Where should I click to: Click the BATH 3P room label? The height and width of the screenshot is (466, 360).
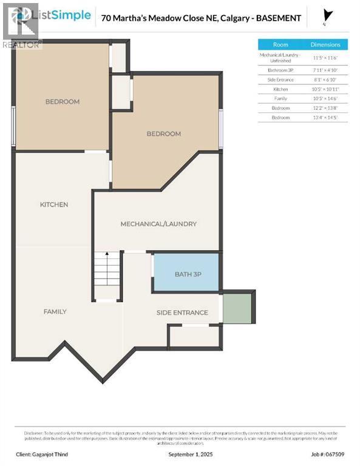coord(188,274)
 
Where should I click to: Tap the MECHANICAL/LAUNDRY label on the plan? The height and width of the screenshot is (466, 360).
coord(158,224)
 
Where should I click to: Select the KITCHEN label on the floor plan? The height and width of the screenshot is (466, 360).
coord(54,204)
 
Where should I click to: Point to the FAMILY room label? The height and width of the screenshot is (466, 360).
coord(55,311)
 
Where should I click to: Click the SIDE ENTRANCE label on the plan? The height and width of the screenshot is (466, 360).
coord(182,312)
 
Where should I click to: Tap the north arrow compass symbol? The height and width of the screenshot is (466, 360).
coord(328,16)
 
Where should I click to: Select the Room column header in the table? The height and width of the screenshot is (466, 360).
coord(280,44)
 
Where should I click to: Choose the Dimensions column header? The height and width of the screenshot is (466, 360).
coord(325,44)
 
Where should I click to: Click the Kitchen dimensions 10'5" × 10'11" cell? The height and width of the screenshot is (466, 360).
coord(325,89)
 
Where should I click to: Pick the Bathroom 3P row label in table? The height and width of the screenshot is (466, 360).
coord(280,71)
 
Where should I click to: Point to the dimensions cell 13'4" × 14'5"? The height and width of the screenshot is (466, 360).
coord(325,116)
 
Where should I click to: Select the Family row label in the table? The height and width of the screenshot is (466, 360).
coord(280,98)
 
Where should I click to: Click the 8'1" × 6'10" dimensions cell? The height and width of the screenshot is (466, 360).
coord(325,80)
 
